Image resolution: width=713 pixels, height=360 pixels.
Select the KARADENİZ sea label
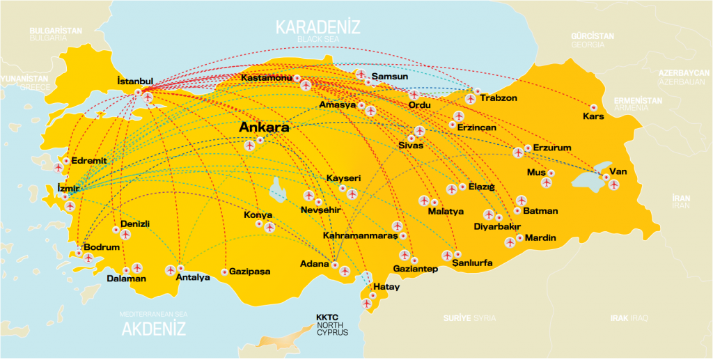tap(318, 28)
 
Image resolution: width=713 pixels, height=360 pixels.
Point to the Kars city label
tap(593, 116)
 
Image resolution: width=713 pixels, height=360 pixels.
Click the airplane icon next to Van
tap(613, 184)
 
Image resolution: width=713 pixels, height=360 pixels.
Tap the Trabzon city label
tap(499, 98)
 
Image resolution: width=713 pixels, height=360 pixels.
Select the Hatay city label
tap(387, 287)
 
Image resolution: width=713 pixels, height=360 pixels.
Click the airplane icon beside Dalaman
tap(136, 267)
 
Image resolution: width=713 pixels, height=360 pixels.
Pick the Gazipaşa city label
tap(249, 272)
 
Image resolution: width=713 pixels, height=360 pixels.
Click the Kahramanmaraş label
tap(360, 236)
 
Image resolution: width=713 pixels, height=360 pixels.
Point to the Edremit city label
tap(89, 160)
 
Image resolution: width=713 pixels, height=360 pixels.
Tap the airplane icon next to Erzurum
tap(518, 152)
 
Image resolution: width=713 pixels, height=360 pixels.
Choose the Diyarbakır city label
tap(497, 227)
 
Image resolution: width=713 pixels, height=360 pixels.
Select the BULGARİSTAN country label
tap(56, 31)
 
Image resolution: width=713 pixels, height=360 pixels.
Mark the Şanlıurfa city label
tap(472, 264)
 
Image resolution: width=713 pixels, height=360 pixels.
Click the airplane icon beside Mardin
tap(510, 242)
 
